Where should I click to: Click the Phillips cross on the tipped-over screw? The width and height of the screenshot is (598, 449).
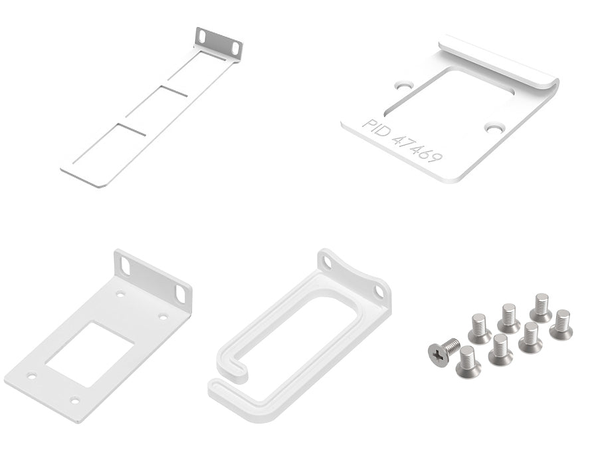tap(439, 355)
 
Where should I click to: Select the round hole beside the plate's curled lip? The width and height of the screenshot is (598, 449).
tap(405, 85)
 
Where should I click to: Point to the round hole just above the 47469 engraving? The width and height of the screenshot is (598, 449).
tap(494, 128)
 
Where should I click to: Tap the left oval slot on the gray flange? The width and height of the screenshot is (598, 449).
tap(202, 36)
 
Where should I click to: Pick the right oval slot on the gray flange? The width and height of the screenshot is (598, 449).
tap(236, 48)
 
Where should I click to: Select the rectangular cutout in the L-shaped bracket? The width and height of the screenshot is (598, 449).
tap(89, 354)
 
